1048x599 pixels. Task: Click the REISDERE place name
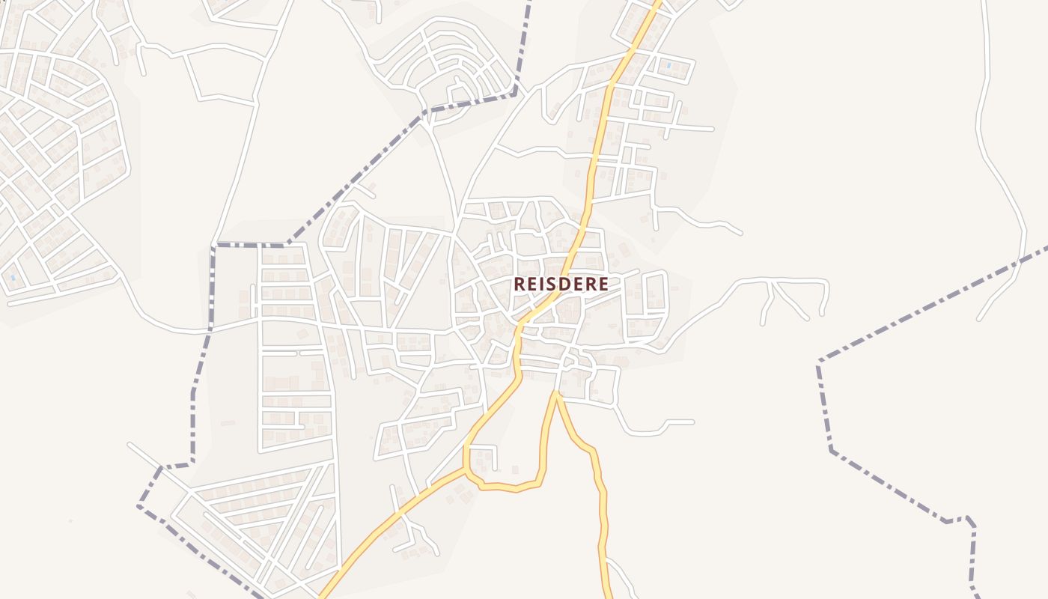tap(561, 285)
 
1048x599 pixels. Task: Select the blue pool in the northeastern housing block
tap(668, 66)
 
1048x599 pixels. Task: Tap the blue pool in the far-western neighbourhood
tap(13, 279)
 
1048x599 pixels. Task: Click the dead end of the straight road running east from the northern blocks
tap(712, 129)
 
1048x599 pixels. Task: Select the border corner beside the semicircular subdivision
tap(515, 93)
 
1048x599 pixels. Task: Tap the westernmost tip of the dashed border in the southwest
tap(139, 506)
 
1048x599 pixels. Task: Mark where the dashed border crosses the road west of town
tap(210, 328)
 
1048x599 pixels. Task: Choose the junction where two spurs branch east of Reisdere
tap(773, 282)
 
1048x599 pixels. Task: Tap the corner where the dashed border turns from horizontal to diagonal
tap(286, 245)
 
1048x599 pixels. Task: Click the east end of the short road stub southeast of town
tap(692, 422)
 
